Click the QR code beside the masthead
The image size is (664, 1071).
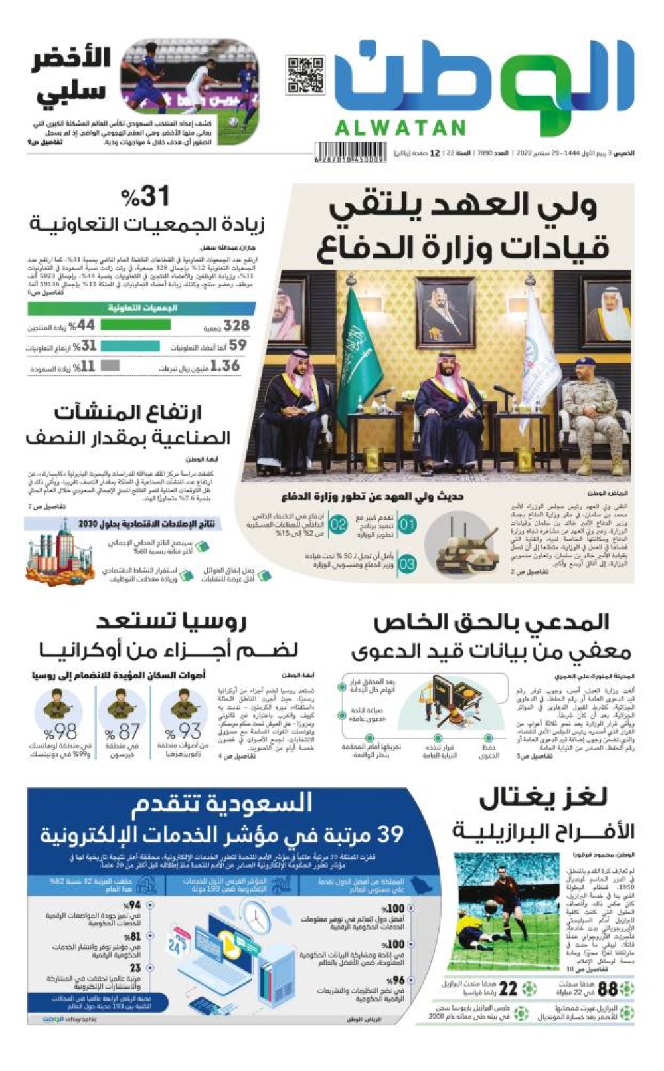pyautogui.click(x=305, y=75)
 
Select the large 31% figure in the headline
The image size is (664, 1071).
pyautogui.click(x=146, y=196)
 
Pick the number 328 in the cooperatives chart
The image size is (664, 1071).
pyautogui.click(x=236, y=325)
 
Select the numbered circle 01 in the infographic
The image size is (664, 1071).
pyautogui.click(x=407, y=524)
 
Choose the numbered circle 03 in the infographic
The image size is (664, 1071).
pyautogui.click(x=407, y=564)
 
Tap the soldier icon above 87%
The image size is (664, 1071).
pyautogui.click(x=121, y=704)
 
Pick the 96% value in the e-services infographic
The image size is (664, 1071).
pyautogui.click(x=397, y=980)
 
